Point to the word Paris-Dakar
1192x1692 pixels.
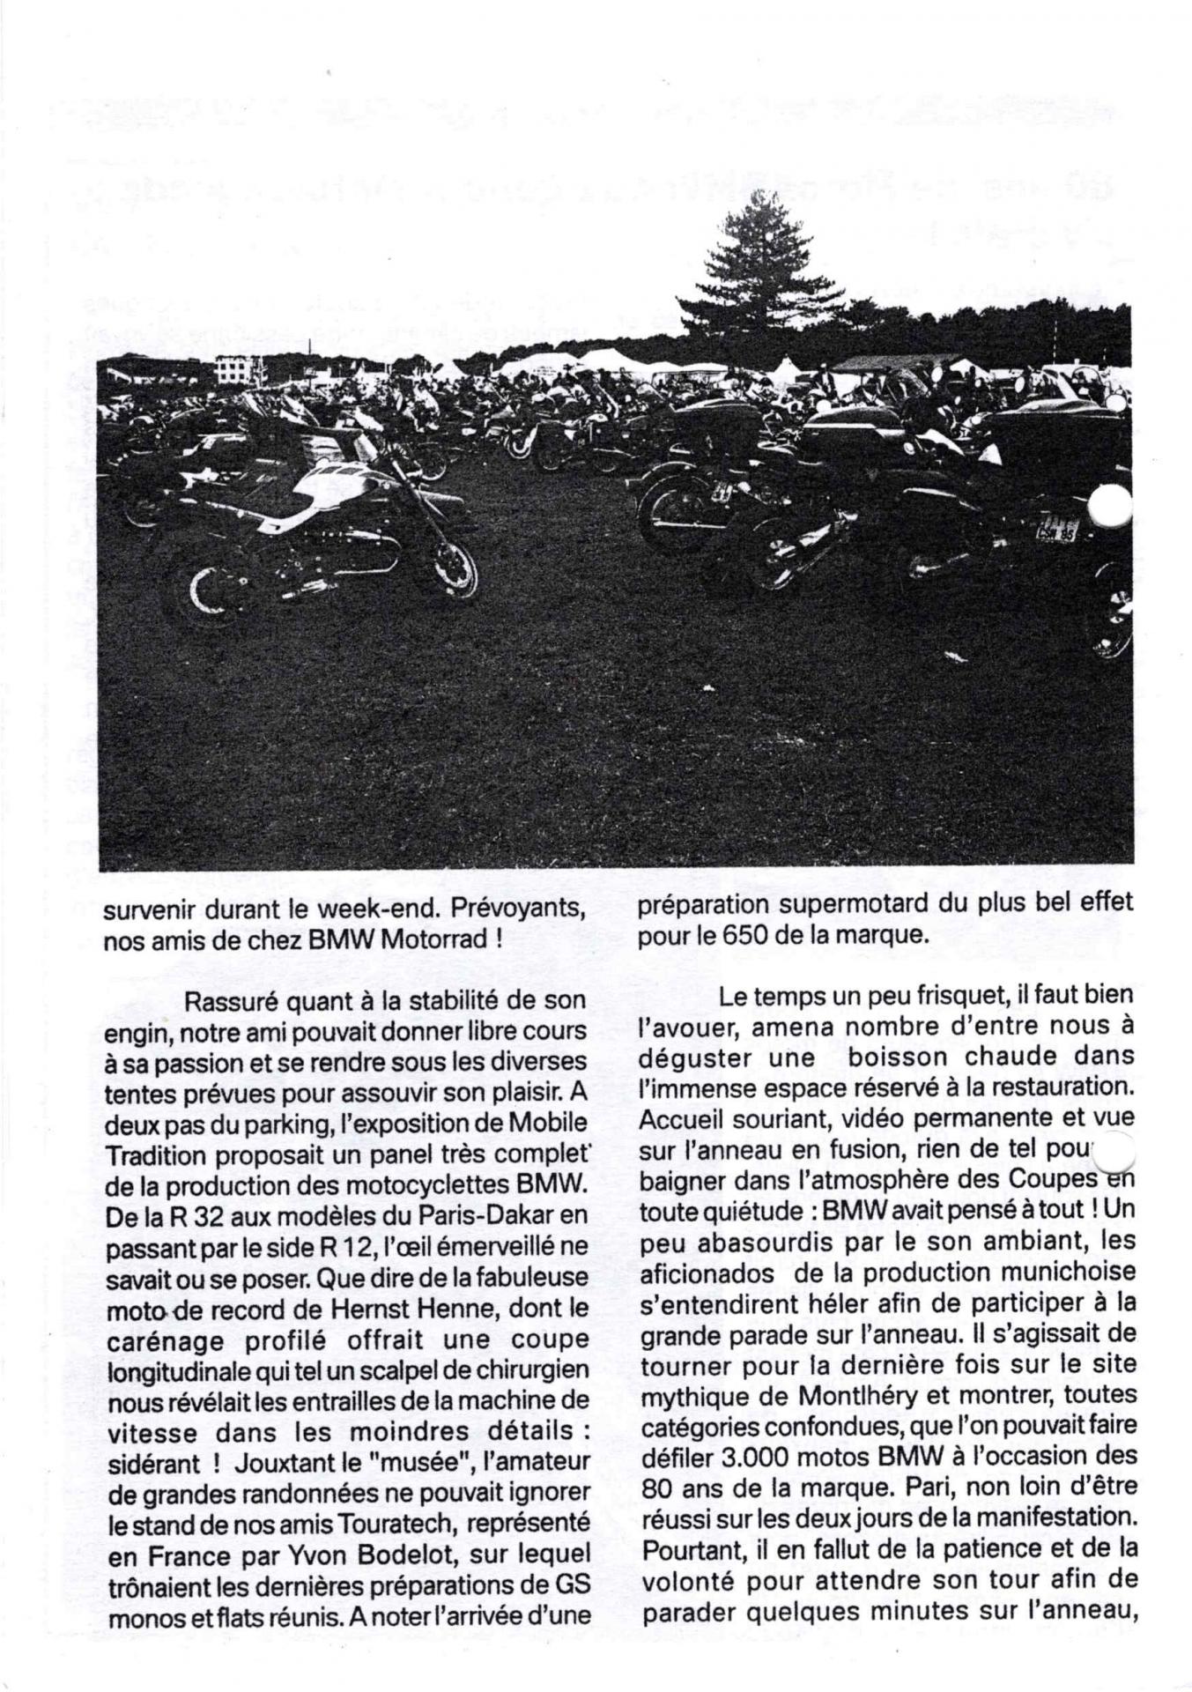click(483, 1217)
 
